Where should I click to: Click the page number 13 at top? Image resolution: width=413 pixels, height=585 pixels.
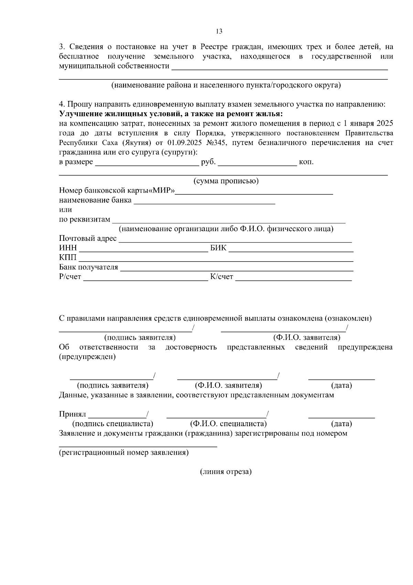coord(219,31)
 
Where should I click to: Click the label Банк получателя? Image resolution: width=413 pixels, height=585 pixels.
coord(88,267)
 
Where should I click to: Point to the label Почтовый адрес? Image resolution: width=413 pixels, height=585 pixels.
coord(88,238)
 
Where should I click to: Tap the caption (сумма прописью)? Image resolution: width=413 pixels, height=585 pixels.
coord(226,181)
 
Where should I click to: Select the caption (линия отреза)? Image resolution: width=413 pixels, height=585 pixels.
coord(226,472)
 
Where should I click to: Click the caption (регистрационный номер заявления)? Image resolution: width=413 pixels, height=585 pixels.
coord(124,452)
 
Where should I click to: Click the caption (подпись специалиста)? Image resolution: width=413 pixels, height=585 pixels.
coord(113,424)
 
